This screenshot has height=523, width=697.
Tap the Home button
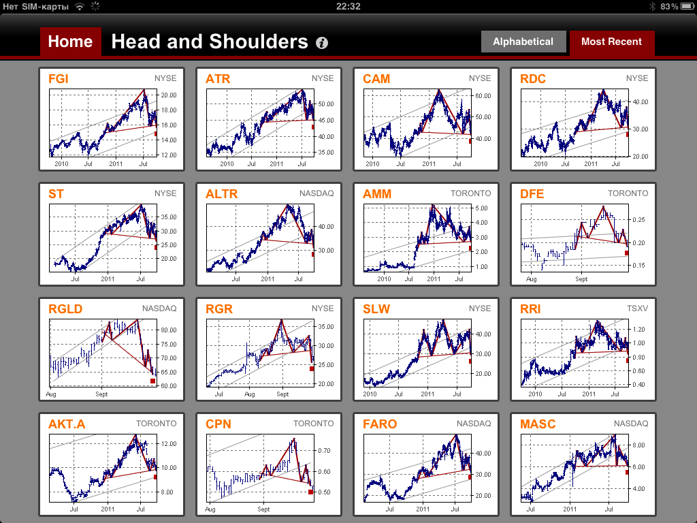(70, 42)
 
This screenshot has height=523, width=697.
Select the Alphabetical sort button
(523, 42)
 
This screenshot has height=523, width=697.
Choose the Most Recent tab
(611, 42)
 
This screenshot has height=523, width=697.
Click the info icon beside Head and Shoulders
(322, 43)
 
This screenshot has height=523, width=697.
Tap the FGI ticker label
(59, 79)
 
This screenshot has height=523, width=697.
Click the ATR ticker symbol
(218, 79)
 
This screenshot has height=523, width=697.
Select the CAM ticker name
(376, 79)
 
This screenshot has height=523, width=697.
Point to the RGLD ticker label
(65, 309)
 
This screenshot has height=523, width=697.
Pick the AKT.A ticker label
(67, 424)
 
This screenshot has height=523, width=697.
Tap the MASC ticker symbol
(538, 424)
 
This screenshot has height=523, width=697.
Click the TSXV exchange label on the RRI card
(637, 308)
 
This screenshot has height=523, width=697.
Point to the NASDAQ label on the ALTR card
(317, 193)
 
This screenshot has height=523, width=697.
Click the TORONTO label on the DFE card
(628, 193)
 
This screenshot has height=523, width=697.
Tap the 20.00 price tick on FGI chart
(169, 95)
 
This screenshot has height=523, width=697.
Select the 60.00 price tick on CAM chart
(483, 96)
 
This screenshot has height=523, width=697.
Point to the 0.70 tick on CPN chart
(324, 451)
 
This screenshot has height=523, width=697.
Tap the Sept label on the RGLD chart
(101, 394)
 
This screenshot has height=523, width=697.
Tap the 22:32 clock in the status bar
(348, 6)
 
